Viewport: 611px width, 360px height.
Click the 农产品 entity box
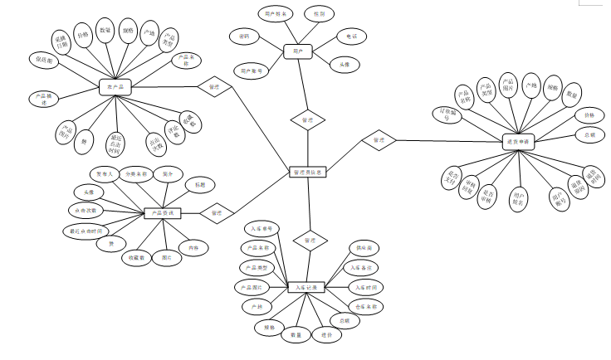pyautogui.click(x=115, y=85)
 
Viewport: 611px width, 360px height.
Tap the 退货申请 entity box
pyautogui.click(x=521, y=142)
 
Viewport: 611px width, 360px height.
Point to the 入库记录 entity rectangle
pyautogui.click(x=306, y=287)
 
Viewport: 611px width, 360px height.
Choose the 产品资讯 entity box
pyautogui.click(x=163, y=212)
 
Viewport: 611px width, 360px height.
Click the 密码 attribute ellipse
pyautogui.click(x=243, y=36)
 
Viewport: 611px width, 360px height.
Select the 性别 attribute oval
pyautogui.click(x=320, y=14)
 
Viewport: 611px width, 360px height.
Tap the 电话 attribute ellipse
pyautogui.click(x=352, y=36)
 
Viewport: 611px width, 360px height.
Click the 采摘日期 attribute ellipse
pyautogui.click(x=62, y=41)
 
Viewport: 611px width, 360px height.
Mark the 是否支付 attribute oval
pyautogui.click(x=452, y=177)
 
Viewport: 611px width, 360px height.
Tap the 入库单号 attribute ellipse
pyautogui.click(x=265, y=228)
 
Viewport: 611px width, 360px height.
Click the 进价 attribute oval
pyautogui.click(x=329, y=336)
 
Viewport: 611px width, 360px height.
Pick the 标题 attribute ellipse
pyautogui.click(x=200, y=184)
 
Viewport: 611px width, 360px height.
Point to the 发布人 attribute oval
pyautogui.click(x=105, y=174)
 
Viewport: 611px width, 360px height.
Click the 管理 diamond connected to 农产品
pyautogui.click(x=213, y=85)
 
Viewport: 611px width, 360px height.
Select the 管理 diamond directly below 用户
pyautogui.click(x=307, y=120)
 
